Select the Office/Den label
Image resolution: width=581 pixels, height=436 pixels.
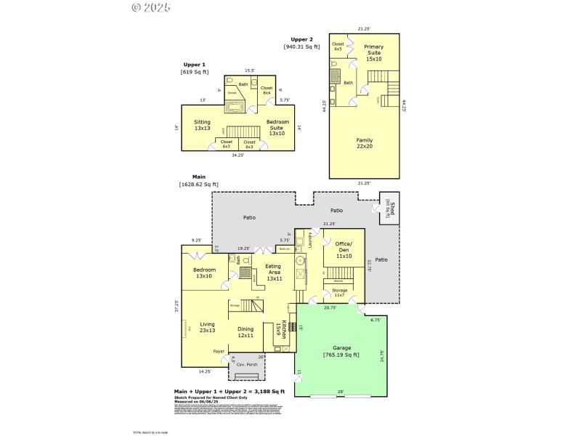[x=344, y=250]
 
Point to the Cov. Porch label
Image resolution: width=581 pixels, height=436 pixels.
[x=248, y=365]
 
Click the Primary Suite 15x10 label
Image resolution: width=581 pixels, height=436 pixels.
[x=373, y=53]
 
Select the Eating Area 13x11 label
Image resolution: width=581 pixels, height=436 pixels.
[x=274, y=272]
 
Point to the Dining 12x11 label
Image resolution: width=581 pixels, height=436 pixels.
[x=245, y=332]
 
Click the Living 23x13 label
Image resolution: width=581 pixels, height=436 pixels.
[x=208, y=327]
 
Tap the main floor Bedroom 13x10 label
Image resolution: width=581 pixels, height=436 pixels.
[x=204, y=272]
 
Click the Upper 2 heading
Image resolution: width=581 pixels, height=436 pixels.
[x=301, y=39]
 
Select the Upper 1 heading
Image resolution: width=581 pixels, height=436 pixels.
[x=194, y=65]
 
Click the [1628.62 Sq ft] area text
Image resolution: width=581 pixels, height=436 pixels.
[x=199, y=185]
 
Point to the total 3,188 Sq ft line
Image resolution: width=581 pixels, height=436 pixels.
[x=229, y=392]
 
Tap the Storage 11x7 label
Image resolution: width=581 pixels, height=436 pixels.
[x=340, y=293]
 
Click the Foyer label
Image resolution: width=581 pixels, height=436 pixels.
[x=219, y=352]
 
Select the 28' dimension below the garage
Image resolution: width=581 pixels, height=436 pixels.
[x=341, y=391]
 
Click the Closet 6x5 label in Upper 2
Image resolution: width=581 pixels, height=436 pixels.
[x=338, y=47]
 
